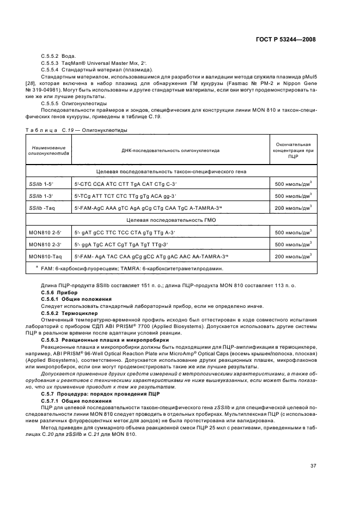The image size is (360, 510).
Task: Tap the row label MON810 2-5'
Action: tap(45, 232)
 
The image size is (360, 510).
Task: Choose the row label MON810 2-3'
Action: tap(45, 244)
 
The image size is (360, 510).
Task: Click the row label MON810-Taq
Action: tap(45, 256)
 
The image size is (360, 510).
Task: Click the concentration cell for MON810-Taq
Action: tap(294, 256)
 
